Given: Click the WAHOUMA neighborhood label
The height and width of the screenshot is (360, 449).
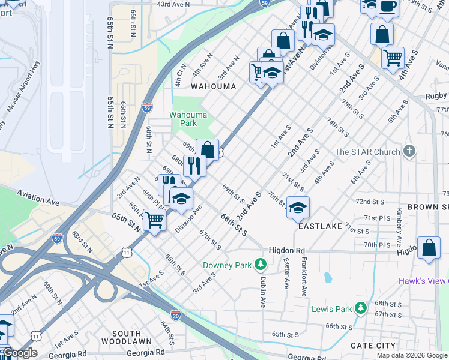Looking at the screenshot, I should click(213, 86).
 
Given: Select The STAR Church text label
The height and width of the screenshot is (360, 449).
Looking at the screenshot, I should click(367, 152).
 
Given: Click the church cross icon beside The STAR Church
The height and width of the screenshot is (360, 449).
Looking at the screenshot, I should click(409, 151).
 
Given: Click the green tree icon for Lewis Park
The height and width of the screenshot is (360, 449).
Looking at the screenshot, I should click(360, 308).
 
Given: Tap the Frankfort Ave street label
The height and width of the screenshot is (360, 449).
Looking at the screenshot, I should click(304, 277).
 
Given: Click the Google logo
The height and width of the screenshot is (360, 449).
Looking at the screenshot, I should click(19, 353).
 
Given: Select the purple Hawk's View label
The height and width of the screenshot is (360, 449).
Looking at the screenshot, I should click(424, 281).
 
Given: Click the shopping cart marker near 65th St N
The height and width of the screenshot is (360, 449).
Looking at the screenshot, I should click(154, 221).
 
